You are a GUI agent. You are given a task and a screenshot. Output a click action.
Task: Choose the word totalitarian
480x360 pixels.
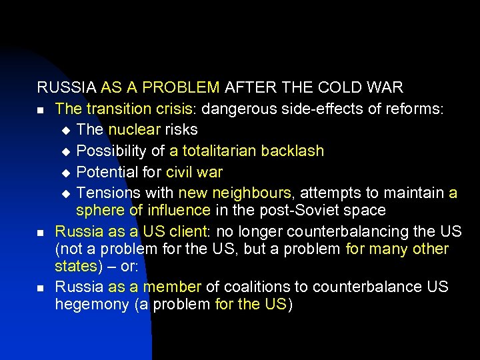coord(219,151)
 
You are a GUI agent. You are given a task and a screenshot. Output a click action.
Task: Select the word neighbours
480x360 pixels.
coord(252,193)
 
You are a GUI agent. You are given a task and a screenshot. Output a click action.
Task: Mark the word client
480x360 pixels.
coord(187,232)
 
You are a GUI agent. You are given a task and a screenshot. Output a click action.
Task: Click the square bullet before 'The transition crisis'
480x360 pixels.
coord(41,110)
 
